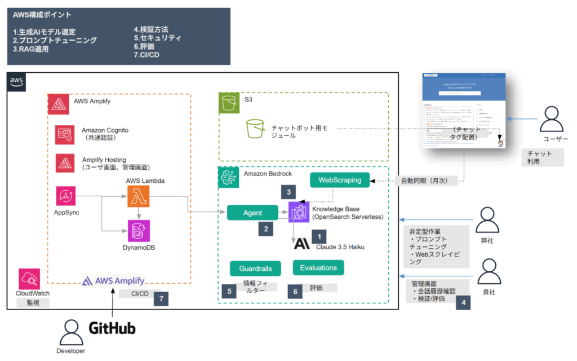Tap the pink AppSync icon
pyautogui.click(x=66, y=196)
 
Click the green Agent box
pyautogui.click(x=252, y=213)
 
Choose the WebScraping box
pyautogui.click(x=339, y=180)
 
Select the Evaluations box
pyautogui.click(x=318, y=267)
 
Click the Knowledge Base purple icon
pyautogui.click(x=299, y=212)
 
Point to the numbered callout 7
pyautogui.click(x=161, y=299)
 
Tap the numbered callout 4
pyautogui.click(x=464, y=302)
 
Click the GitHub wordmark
pyautogui.click(x=113, y=328)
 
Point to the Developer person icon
pyautogui.click(x=70, y=333)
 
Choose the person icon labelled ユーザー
pyautogui.click(x=552, y=120)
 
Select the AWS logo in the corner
pyautogui.click(x=17, y=82)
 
